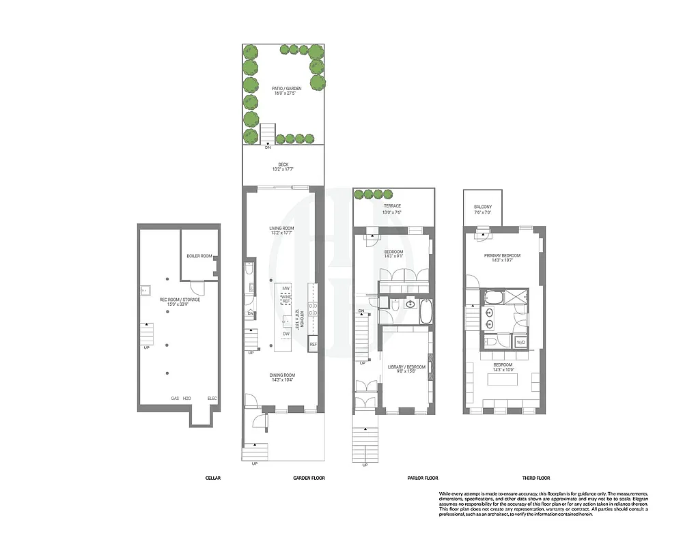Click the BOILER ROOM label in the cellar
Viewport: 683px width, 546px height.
(x=199, y=257)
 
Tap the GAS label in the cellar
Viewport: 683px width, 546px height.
(x=175, y=399)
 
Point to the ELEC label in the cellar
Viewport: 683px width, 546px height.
(x=212, y=399)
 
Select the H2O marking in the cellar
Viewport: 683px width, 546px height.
(x=186, y=399)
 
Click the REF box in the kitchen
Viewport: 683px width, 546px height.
(x=313, y=345)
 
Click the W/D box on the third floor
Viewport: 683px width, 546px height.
(x=520, y=342)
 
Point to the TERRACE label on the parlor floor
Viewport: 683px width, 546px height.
(x=392, y=206)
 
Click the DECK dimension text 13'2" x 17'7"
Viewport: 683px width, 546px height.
(x=283, y=169)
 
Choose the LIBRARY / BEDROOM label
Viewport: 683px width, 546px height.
(x=406, y=367)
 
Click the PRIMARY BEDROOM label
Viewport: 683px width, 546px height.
(x=503, y=256)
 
